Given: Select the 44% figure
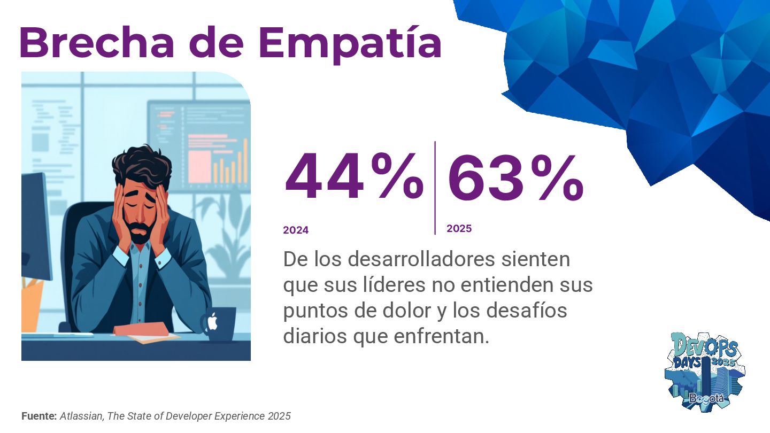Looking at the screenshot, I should [x=353, y=176].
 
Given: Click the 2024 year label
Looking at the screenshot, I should [x=296, y=230].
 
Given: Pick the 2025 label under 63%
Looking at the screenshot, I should [x=459, y=228].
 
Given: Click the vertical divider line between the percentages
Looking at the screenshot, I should [x=435, y=187].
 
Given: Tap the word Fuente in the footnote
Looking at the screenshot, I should [x=39, y=416].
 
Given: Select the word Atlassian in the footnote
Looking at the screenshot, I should [x=82, y=416].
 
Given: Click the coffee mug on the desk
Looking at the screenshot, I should [x=219, y=323].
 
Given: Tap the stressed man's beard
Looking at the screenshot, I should [x=140, y=233].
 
